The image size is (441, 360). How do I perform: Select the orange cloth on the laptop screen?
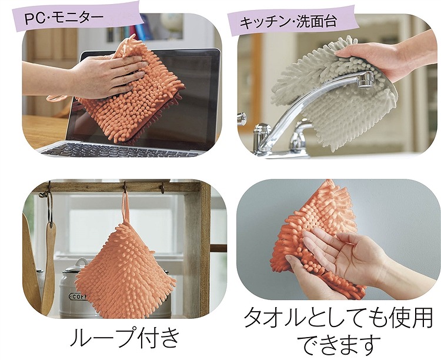[132, 96]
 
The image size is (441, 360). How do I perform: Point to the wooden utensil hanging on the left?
[51, 265]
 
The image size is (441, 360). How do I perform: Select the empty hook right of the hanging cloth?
[162, 187]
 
